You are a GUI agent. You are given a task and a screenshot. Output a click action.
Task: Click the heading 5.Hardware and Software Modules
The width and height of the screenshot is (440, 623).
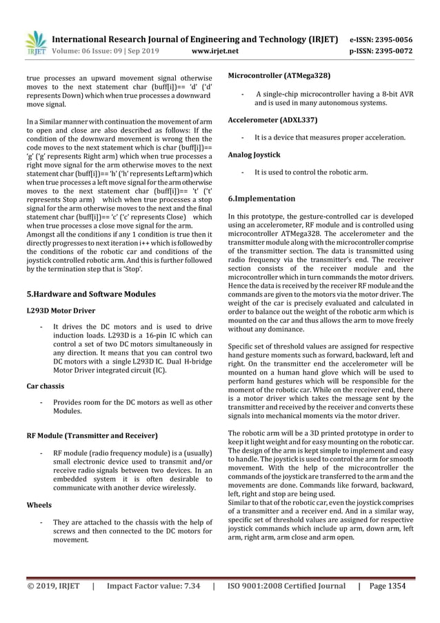pyautogui.click(x=90, y=294)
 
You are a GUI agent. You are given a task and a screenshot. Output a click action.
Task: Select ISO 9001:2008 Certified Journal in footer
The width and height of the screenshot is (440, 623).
pyautogui.click(x=285, y=586)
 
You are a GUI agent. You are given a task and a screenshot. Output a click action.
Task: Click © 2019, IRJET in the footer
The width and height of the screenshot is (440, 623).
pyautogui.click(x=54, y=586)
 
